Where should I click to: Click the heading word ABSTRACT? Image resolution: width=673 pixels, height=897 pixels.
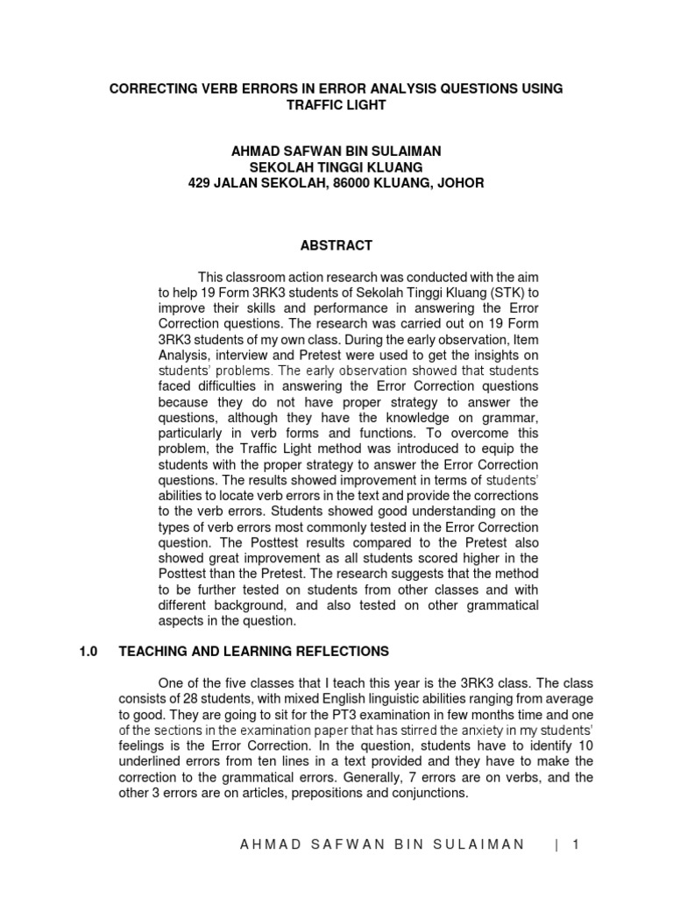[x=336, y=245]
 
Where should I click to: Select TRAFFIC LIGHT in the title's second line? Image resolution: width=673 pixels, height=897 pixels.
[x=336, y=104]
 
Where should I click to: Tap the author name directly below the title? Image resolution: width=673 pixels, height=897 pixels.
[x=336, y=152]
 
